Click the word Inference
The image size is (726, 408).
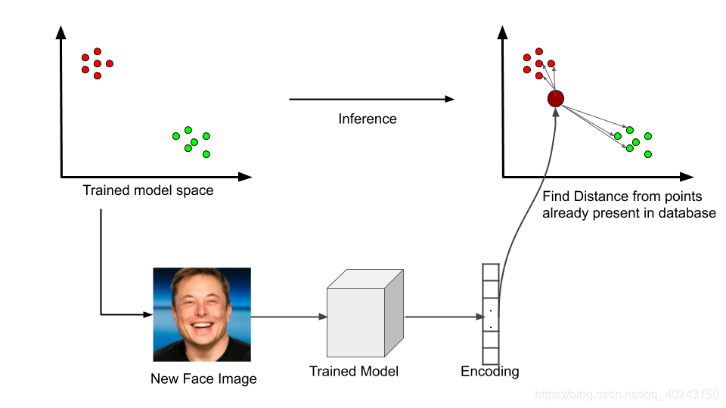pos(367,119)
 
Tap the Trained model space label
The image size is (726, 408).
pos(147,190)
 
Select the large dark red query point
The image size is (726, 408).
pos(556,98)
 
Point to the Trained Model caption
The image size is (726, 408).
pos(354,371)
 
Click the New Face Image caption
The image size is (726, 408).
pos(203,379)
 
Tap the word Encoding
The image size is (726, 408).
pos(490,371)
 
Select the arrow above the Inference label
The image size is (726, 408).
pos(371,99)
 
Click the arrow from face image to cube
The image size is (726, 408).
pos(287,317)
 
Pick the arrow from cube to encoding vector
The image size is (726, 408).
pos(442,317)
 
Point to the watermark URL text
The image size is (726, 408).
pos(626,394)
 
